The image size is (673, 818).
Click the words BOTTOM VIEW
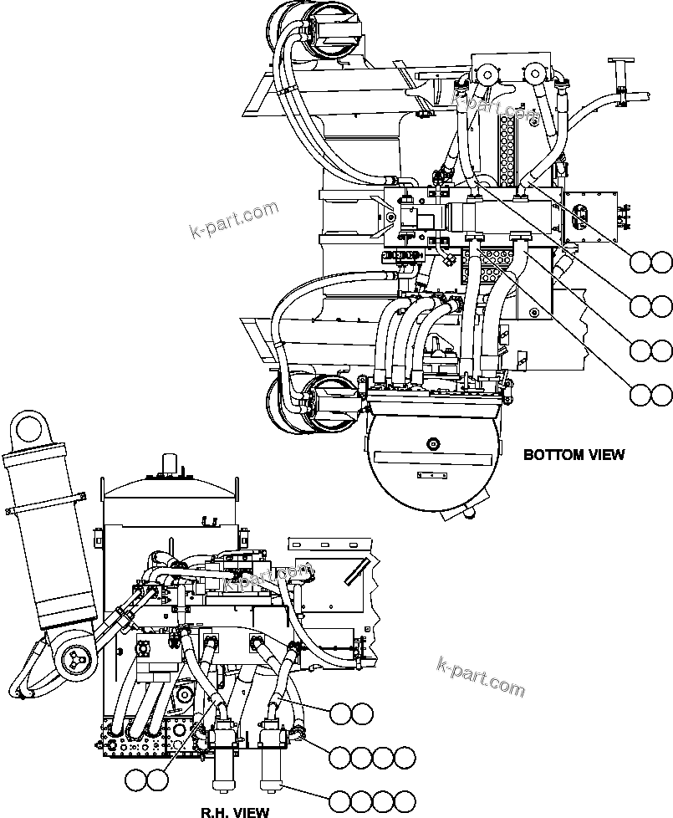click(573, 455)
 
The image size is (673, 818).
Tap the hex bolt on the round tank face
click(432, 442)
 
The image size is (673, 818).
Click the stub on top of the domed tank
click(170, 463)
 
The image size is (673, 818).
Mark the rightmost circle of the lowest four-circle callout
click(405, 800)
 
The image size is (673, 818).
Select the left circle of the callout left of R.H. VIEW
click(135, 780)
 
